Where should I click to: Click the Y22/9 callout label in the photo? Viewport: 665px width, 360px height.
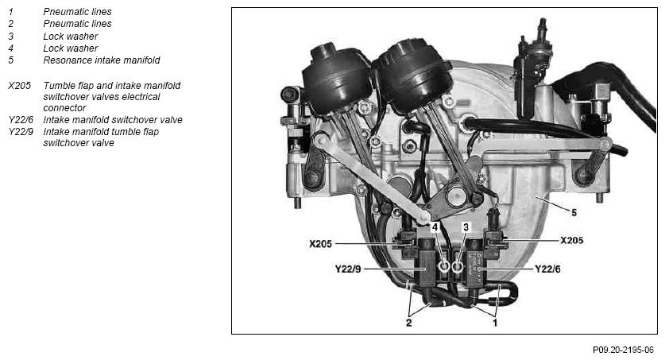click(x=348, y=269)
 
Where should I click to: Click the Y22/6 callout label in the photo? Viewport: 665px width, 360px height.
click(x=547, y=269)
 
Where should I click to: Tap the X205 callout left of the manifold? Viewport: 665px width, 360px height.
click(x=320, y=244)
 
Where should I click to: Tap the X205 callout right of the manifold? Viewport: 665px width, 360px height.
click(x=572, y=241)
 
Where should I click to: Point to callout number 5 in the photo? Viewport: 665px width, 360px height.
click(x=574, y=212)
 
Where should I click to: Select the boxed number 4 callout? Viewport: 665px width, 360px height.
click(x=435, y=227)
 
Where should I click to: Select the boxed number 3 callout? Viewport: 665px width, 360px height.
click(x=466, y=227)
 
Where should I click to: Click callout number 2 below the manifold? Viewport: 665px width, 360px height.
click(x=408, y=323)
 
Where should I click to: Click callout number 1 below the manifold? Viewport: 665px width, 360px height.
click(x=494, y=323)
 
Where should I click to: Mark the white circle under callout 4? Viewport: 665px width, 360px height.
click(x=444, y=267)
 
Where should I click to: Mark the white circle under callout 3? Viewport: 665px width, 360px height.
click(x=457, y=267)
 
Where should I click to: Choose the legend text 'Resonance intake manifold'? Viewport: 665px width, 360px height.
click(x=102, y=60)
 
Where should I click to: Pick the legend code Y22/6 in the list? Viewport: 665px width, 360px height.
click(x=21, y=120)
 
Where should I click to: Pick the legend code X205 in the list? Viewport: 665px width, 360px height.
click(x=20, y=86)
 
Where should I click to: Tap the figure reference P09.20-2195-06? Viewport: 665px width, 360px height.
click(x=623, y=350)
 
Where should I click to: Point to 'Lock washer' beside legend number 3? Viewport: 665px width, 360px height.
click(x=71, y=37)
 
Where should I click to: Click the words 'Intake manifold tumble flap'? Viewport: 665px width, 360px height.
click(x=101, y=132)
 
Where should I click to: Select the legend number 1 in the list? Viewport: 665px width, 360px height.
click(x=10, y=12)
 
